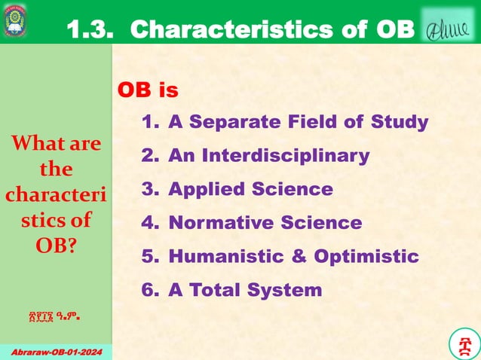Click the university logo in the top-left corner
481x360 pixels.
pos(16,21)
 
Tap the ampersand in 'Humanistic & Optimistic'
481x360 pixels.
pos(299,256)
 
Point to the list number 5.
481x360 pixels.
pos(149,256)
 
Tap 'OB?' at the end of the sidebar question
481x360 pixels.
pos(55,246)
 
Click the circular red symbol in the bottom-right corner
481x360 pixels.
pos(462,343)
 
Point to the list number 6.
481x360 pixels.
pos(149,290)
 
